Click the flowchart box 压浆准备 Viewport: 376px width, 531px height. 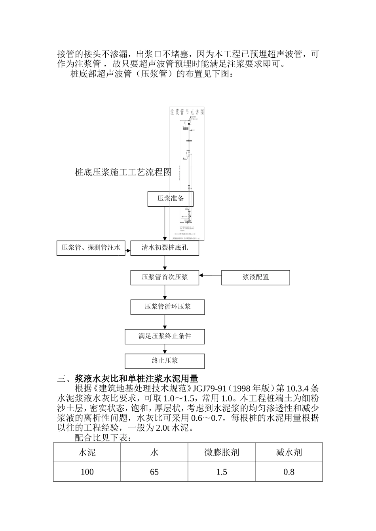pyautogui.click(x=170, y=199)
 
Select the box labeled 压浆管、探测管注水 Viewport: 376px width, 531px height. pyautogui.click(x=91, y=248)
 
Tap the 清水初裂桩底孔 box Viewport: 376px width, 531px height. pyautogui.click(x=165, y=248)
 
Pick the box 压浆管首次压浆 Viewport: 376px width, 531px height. pyautogui.click(x=165, y=277)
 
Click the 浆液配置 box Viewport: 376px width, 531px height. pyautogui.click(x=255, y=277)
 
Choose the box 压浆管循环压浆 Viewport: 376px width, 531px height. pyautogui.click(x=167, y=307)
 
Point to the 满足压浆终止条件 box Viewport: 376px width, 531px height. pyautogui.click(x=165, y=336)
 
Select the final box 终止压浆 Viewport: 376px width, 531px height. pyautogui.click(x=165, y=361)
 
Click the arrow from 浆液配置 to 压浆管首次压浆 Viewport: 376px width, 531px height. pyautogui.click(x=210, y=275)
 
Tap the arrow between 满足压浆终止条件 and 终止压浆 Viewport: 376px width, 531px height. pyautogui.click(x=165, y=349)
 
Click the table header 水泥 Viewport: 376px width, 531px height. pyautogui.click(x=87, y=452)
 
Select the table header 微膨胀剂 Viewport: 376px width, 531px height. pyautogui.click(x=222, y=452)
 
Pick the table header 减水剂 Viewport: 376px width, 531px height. pyautogui.click(x=289, y=452)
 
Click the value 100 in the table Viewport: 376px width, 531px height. pyautogui.click(x=87, y=472)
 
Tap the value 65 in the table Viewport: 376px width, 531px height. pyautogui.click(x=154, y=472)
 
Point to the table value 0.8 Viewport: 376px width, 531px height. pyautogui.click(x=289, y=472)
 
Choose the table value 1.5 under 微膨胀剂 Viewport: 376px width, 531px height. pyautogui.click(x=222, y=472)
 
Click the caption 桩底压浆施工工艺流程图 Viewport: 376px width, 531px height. pyautogui.click(x=123, y=172)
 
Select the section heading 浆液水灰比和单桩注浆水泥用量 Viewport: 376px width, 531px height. pyautogui.click(x=137, y=378)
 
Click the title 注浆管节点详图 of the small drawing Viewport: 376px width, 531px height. pyautogui.click(x=187, y=112)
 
